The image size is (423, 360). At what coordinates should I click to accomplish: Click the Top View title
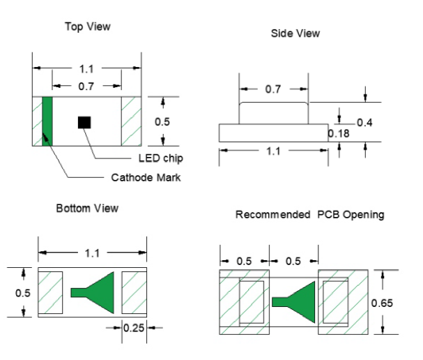[x=88, y=27]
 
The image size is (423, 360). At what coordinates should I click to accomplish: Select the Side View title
[x=295, y=33]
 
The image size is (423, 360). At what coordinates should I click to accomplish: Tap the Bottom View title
[x=87, y=208]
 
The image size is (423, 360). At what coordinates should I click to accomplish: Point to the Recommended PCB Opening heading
[x=309, y=214]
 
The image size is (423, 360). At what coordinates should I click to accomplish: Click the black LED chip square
[x=84, y=122]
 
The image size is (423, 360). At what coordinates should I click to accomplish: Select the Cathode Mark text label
[x=146, y=177]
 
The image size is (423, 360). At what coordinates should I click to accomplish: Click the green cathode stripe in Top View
[x=47, y=121]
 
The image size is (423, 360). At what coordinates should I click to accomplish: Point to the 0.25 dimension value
[x=134, y=327]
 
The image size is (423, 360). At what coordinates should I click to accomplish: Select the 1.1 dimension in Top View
[x=87, y=68]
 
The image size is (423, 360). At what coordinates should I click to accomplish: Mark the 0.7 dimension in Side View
[x=274, y=89]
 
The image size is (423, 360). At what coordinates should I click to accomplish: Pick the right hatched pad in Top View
[x=132, y=121]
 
